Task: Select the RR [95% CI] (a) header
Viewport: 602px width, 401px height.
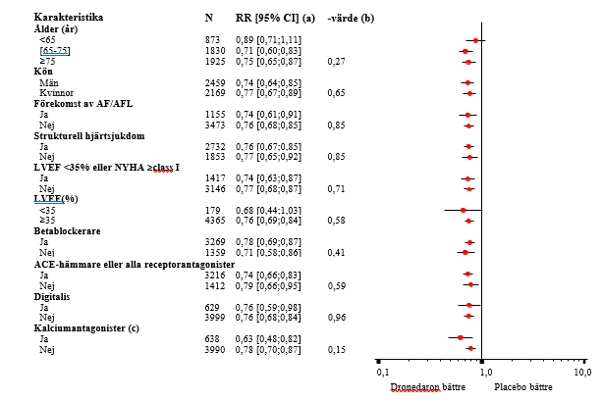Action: tap(275, 18)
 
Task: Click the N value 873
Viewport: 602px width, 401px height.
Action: tap(213, 39)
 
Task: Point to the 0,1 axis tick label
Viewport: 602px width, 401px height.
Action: tap(383, 373)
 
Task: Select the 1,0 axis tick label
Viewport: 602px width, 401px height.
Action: tap(483, 373)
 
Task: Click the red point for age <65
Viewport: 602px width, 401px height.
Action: tap(476, 40)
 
